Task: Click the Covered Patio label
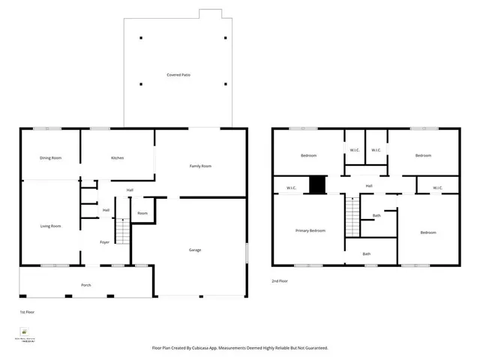coord(178,75)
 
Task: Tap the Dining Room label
coord(51,157)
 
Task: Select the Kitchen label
coord(118,157)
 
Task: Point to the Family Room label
coord(200,166)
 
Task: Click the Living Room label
coord(50,226)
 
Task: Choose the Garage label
coord(194,250)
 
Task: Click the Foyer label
coord(106,241)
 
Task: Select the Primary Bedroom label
coord(310,230)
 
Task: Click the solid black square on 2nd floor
coord(319,184)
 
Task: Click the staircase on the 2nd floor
coord(349,216)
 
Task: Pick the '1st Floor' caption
coord(27,310)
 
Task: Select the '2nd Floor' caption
coord(280,280)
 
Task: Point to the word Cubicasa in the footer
coord(207,348)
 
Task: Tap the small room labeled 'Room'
coord(142,214)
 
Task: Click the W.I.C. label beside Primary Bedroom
coord(291,187)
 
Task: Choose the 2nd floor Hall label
coord(369,185)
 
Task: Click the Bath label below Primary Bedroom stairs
coord(367,253)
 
